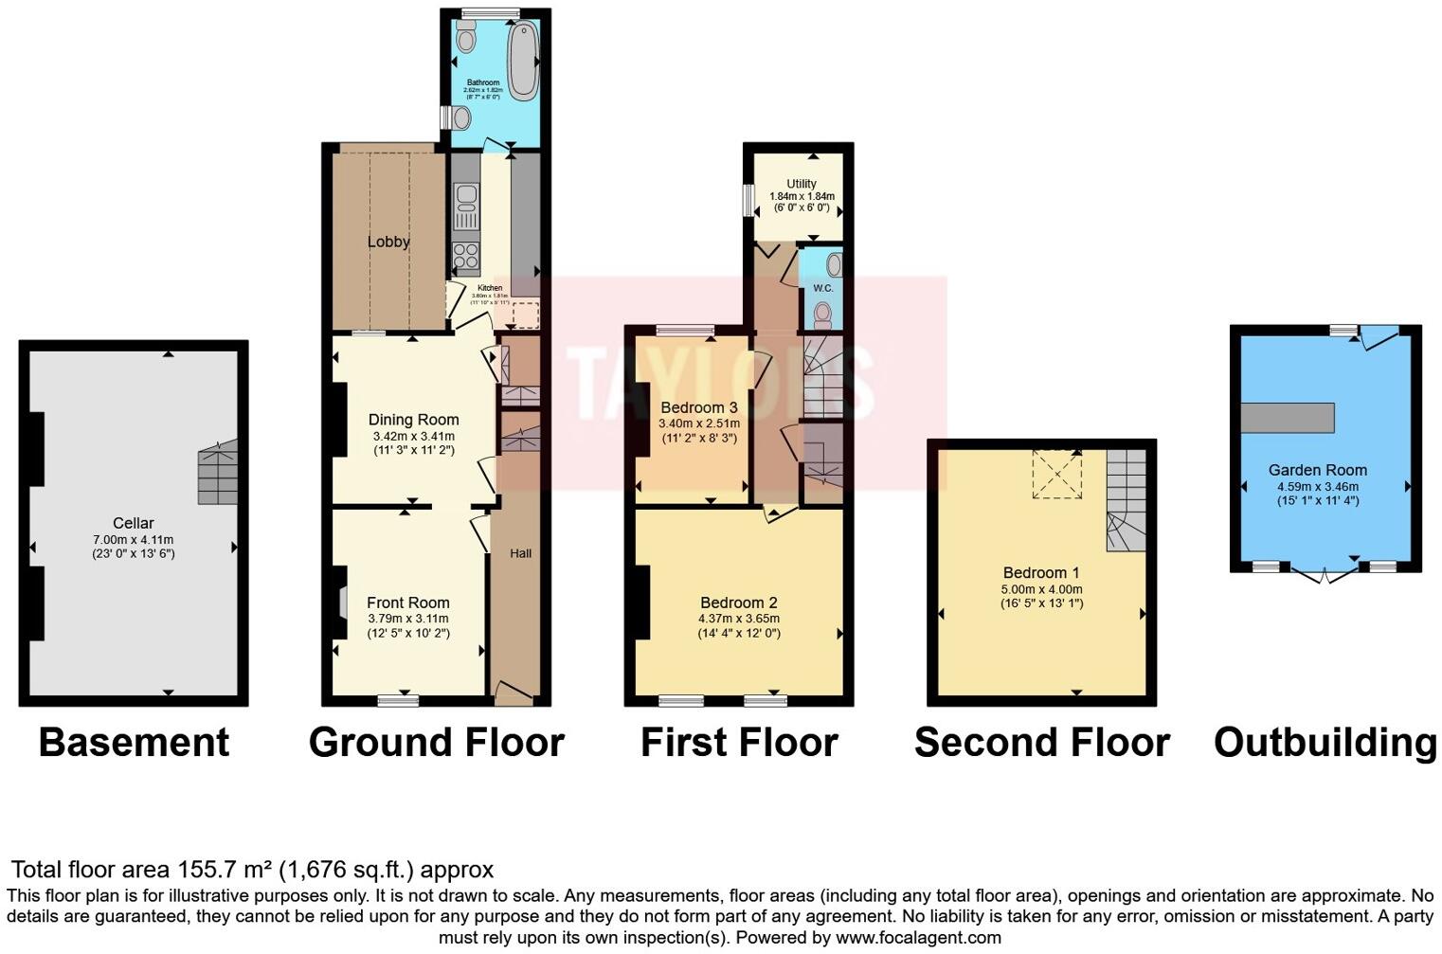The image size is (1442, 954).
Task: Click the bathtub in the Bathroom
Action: coord(522,62)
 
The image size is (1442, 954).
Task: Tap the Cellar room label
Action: coord(133,523)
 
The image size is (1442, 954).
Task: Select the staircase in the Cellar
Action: coord(217,472)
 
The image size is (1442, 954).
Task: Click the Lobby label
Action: coord(388,242)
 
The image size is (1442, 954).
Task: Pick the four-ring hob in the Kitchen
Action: coord(465,256)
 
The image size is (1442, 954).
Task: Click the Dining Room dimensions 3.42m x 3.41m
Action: coord(413,437)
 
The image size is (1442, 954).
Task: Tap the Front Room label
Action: coord(407,603)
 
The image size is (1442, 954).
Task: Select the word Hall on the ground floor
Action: coord(520,553)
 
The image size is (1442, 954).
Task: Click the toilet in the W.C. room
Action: coord(822,312)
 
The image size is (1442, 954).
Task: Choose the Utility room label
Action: coord(801,184)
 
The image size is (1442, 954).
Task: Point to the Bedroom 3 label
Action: coord(698,407)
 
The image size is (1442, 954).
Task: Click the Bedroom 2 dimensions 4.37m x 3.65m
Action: coord(739,619)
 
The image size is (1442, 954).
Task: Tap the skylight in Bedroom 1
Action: coord(1056,474)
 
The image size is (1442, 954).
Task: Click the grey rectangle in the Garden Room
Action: coord(1287,418)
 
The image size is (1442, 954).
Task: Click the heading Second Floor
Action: coord(1041,742)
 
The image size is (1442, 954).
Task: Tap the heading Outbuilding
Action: coord(1325,742)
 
